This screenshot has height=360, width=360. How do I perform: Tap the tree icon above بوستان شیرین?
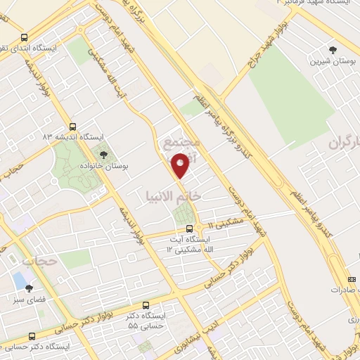333,49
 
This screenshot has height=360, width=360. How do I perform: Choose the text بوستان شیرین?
333,62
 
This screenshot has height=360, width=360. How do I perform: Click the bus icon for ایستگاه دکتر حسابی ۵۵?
146,306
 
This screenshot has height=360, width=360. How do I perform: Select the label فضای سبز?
29,300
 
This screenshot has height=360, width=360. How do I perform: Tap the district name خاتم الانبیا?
173,195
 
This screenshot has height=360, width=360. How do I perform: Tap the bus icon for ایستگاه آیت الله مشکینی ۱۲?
188,229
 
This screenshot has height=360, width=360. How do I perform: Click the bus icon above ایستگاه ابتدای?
25,38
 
